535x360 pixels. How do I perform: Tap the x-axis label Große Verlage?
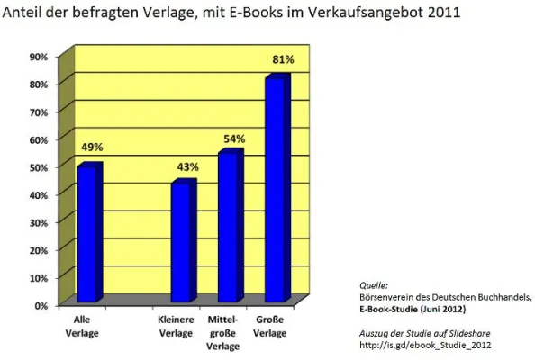[x=270, y=325]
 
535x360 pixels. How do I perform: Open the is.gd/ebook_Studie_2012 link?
[x=420, y=345]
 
